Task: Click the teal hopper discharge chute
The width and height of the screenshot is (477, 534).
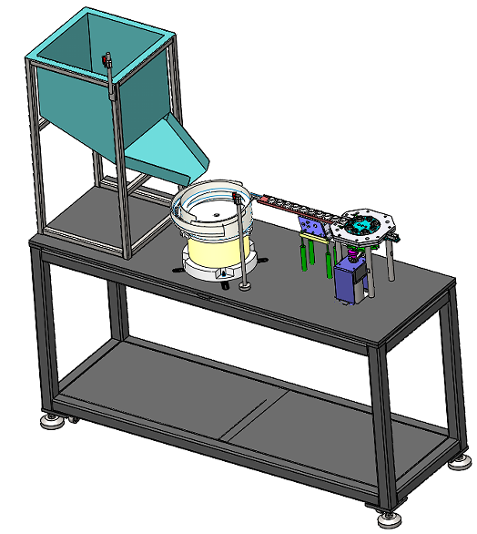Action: (168, 150)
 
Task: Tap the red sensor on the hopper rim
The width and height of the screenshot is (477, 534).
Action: (107, 61)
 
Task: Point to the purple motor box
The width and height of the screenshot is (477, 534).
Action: (349, 282)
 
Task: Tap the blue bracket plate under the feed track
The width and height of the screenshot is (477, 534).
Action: (314, 223)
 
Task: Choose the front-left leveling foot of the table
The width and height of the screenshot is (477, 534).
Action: (53, 420)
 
